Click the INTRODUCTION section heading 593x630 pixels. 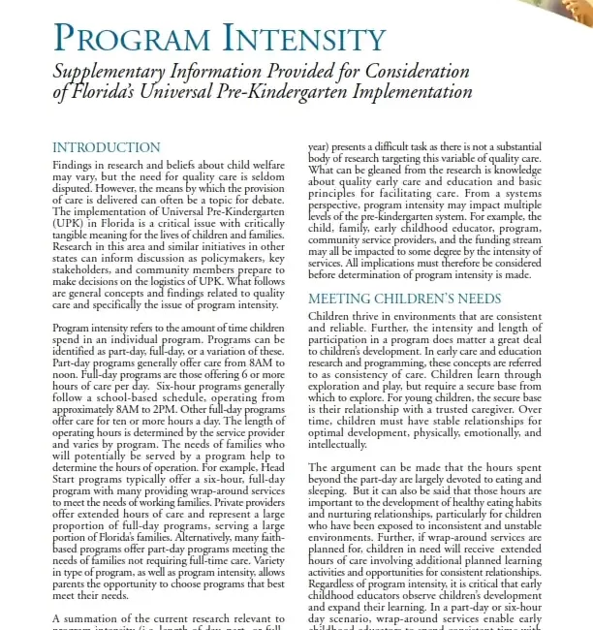pyautogui.click(x=107, y=148)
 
